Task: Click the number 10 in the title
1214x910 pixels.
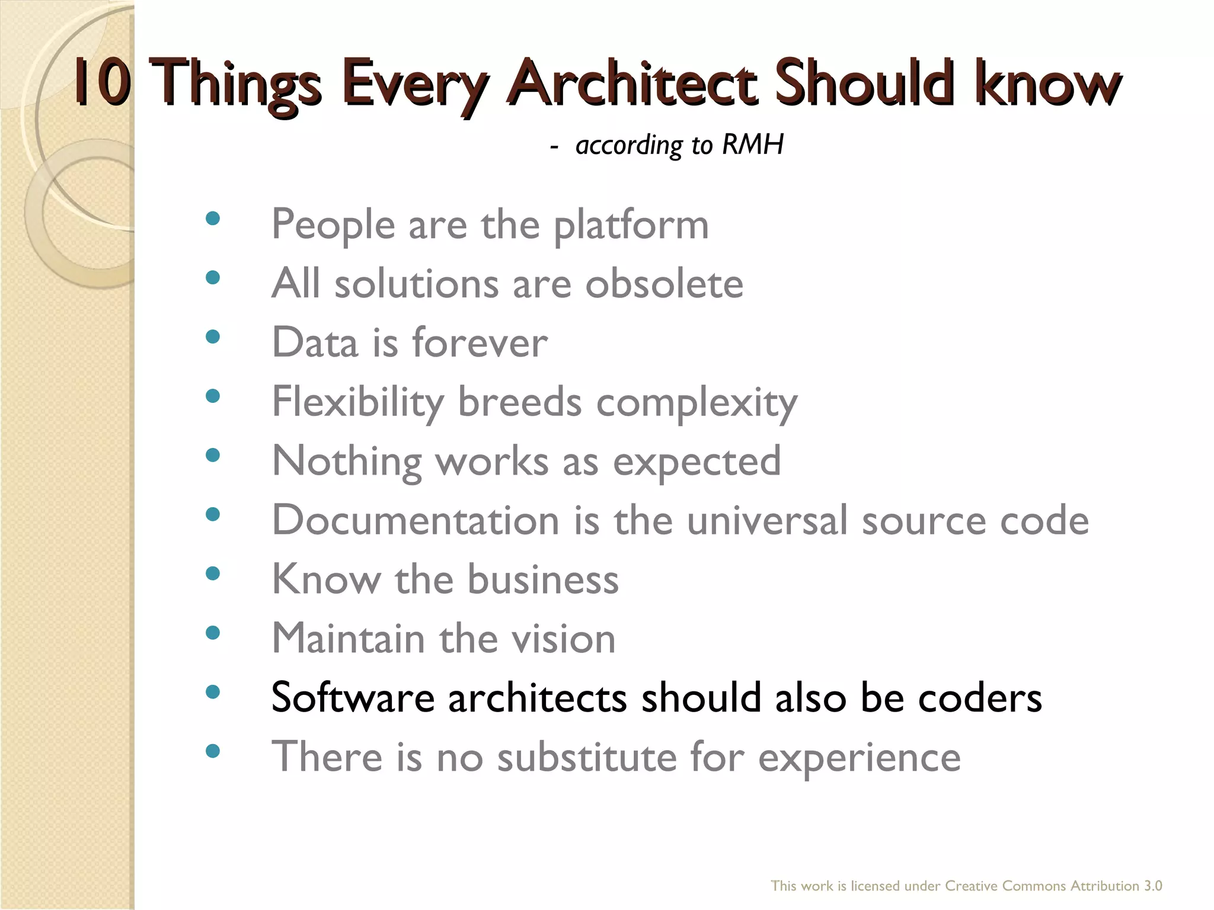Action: click(x=102, y=83)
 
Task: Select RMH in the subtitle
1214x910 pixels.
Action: click(x=753, y=145)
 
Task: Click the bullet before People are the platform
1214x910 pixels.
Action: click(x=212, y=219)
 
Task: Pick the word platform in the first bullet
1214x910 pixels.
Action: click(x=631, y=226)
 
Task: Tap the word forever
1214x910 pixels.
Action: click(x=480, y=343)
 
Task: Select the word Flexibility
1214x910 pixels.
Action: click(x=357, y=403)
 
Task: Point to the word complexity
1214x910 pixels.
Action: click(x=697, y=404)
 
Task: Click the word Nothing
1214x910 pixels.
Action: click(x=346, y=462)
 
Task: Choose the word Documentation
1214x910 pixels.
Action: click(x=416, y=520)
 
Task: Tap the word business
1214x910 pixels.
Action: click(x=543, y=579)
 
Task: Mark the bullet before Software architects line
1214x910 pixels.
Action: click(x=212, y=692)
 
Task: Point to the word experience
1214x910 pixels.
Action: click(x=859, y=758)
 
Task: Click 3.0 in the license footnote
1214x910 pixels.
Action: click(x=1152, y=886)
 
